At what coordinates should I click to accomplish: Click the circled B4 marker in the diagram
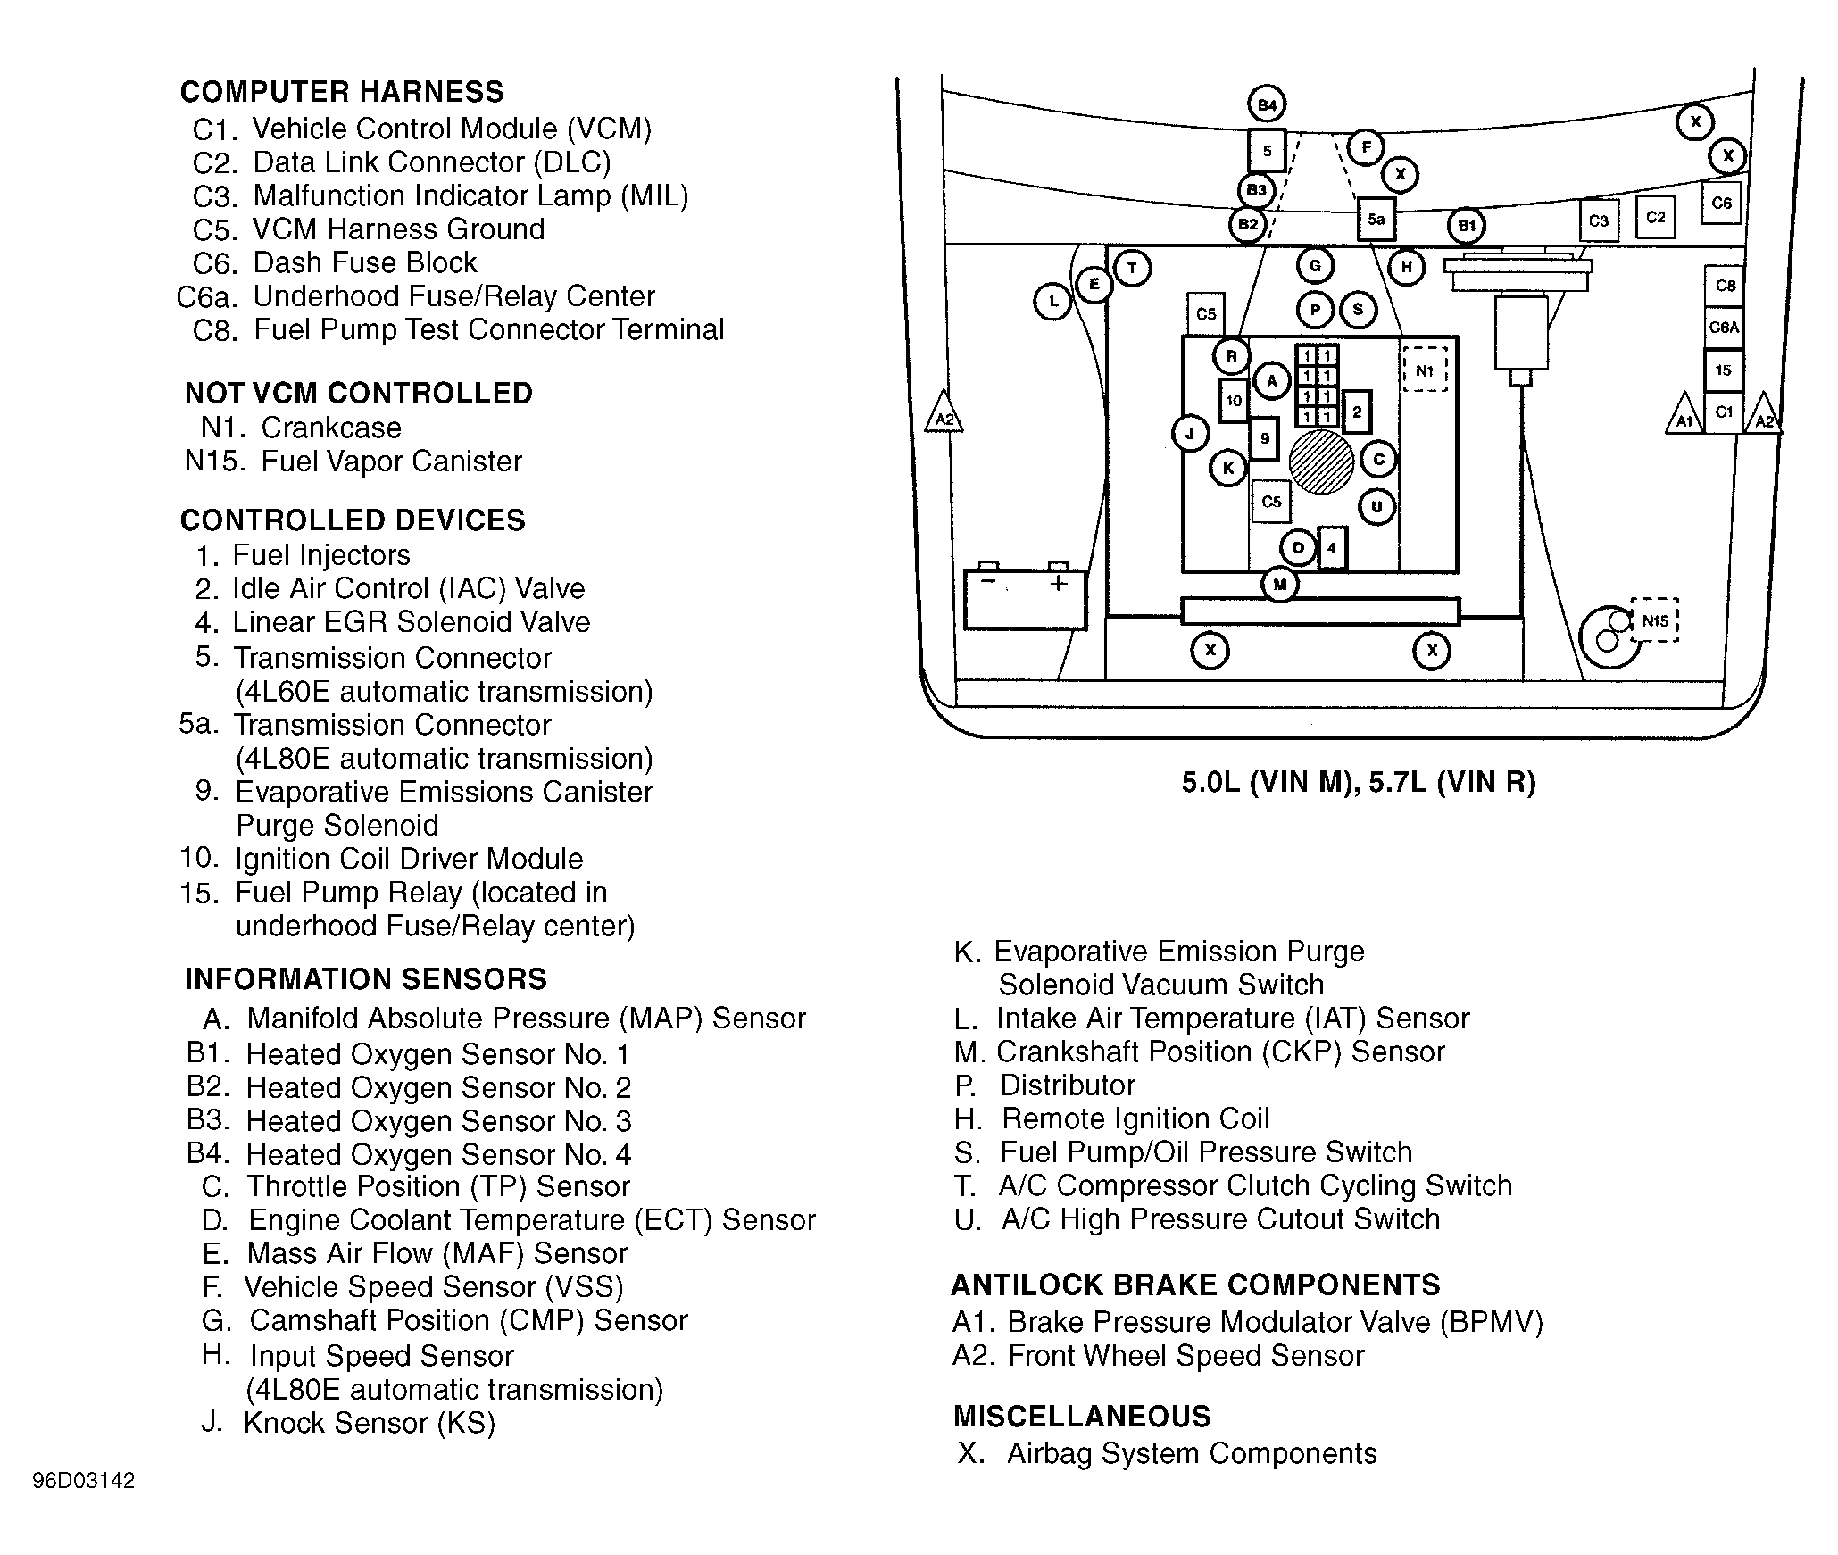coord(1267,105)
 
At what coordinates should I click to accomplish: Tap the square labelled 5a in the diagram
coord(1376,219)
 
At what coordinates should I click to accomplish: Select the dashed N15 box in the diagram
coord(1654,620)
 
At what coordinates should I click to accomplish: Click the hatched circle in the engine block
coord(1321,462)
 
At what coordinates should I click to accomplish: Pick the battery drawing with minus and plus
coord(1025,598)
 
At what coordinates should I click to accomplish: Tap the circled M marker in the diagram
coord(1280,585)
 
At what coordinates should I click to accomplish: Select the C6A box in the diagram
coord(1724,328)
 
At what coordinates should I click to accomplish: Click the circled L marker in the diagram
coord(1052,301)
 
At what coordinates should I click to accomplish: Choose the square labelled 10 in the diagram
coord(1234,401)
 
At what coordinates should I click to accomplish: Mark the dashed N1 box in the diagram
coord(1425,370)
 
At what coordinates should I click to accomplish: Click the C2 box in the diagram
coord(1656,217)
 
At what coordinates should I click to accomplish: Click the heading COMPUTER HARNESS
coord(342,92)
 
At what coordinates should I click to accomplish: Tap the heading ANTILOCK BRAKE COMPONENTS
coord(1195,1285)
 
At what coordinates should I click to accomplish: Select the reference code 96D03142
coord(84,1481)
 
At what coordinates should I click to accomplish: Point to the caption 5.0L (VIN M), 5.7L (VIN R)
coord(1359,783)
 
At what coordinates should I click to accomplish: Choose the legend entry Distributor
coord(1067,1085)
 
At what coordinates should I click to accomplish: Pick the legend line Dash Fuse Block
coord(364,263)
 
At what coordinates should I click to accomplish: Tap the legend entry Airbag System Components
coord(1191,1454)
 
